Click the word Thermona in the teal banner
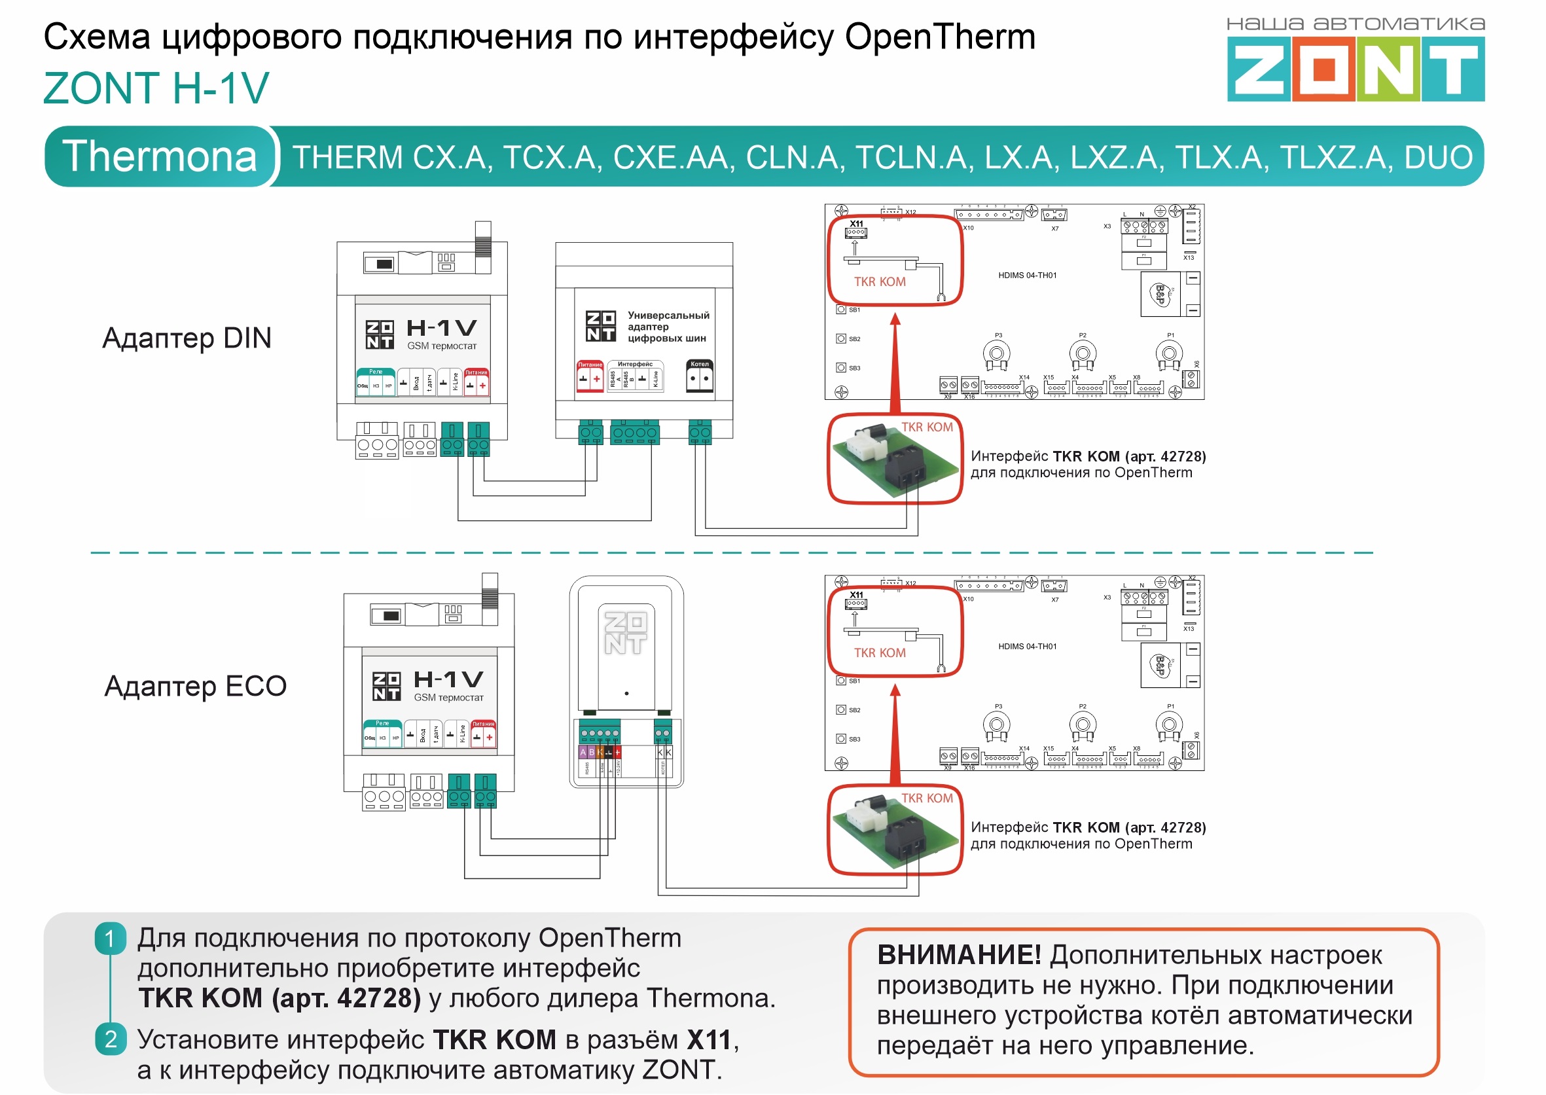[160, 156]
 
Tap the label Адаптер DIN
[187, 338]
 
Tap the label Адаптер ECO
[196, 686]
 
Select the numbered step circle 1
[111, 939]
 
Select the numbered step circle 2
[111, 1039]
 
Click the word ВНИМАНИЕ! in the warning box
[959, 956]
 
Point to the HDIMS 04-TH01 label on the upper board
[1027, 276]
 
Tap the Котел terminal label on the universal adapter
[699, 364]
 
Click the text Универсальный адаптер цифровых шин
[668, 327]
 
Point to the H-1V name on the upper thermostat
[442, 329]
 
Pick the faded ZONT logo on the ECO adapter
[625, 632]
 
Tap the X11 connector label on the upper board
[856, 224]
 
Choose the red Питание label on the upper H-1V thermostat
[476, 372]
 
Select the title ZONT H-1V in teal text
[156, 88]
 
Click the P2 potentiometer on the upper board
[1082, 353]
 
